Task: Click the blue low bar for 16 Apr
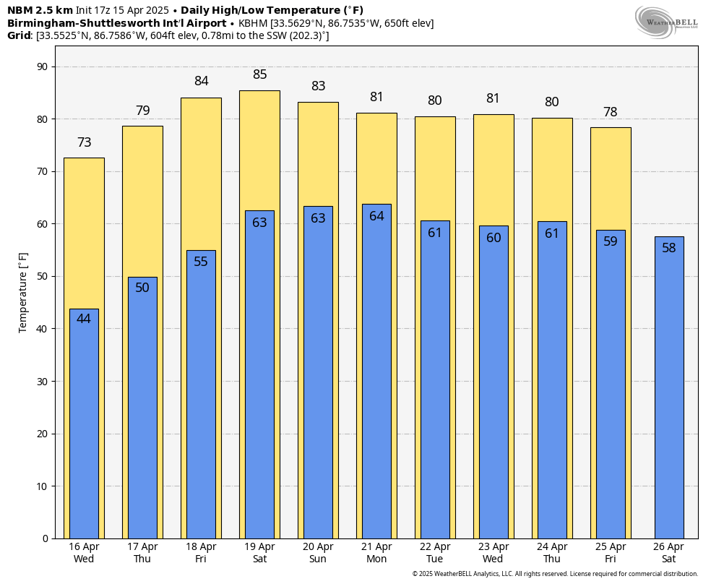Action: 84,426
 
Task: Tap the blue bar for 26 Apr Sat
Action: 669,390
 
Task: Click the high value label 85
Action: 260,74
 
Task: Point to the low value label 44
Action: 84,319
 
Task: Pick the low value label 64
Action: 376,216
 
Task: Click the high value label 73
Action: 85,142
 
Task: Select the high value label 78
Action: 611,112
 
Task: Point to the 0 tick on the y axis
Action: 45,538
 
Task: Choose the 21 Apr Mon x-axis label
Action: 376,553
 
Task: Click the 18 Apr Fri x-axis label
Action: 201,553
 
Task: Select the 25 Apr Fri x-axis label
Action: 611,553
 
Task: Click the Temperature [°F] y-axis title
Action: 23,293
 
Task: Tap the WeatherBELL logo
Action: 666,22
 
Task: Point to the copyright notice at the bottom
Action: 555,574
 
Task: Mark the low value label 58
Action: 669,248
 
